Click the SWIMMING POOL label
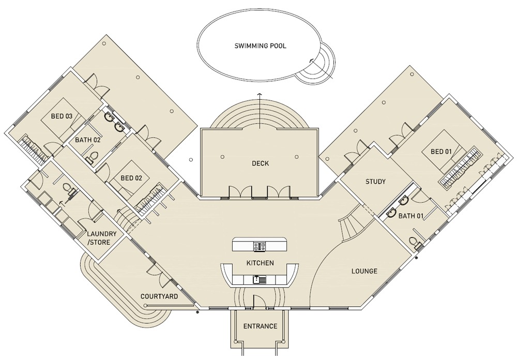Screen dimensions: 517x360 260,46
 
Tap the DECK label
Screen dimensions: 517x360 260,163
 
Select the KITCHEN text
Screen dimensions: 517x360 260,263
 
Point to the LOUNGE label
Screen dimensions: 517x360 364,271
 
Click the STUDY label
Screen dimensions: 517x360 375,182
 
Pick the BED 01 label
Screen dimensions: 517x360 441,152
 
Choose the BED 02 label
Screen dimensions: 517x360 131,178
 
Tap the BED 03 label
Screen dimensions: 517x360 62,116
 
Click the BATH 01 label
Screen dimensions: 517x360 411,216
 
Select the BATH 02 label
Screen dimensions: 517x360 88,140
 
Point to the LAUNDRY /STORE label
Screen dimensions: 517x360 101,238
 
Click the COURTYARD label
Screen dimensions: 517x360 159,296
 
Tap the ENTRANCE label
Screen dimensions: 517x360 260,326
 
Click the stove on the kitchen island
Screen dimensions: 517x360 260,246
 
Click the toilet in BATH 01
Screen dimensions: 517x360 415,243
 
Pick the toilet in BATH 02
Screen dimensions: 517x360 92,157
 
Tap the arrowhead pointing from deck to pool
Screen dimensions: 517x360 260,95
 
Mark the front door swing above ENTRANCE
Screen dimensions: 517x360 258,301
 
